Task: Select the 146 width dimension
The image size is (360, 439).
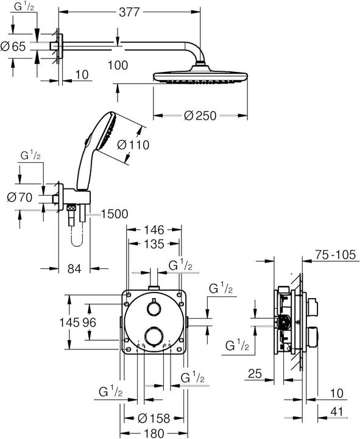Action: click(154, 230)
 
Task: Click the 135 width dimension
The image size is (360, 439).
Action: click(154, 244)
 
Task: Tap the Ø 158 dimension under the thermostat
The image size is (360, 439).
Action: click(153, 419)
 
